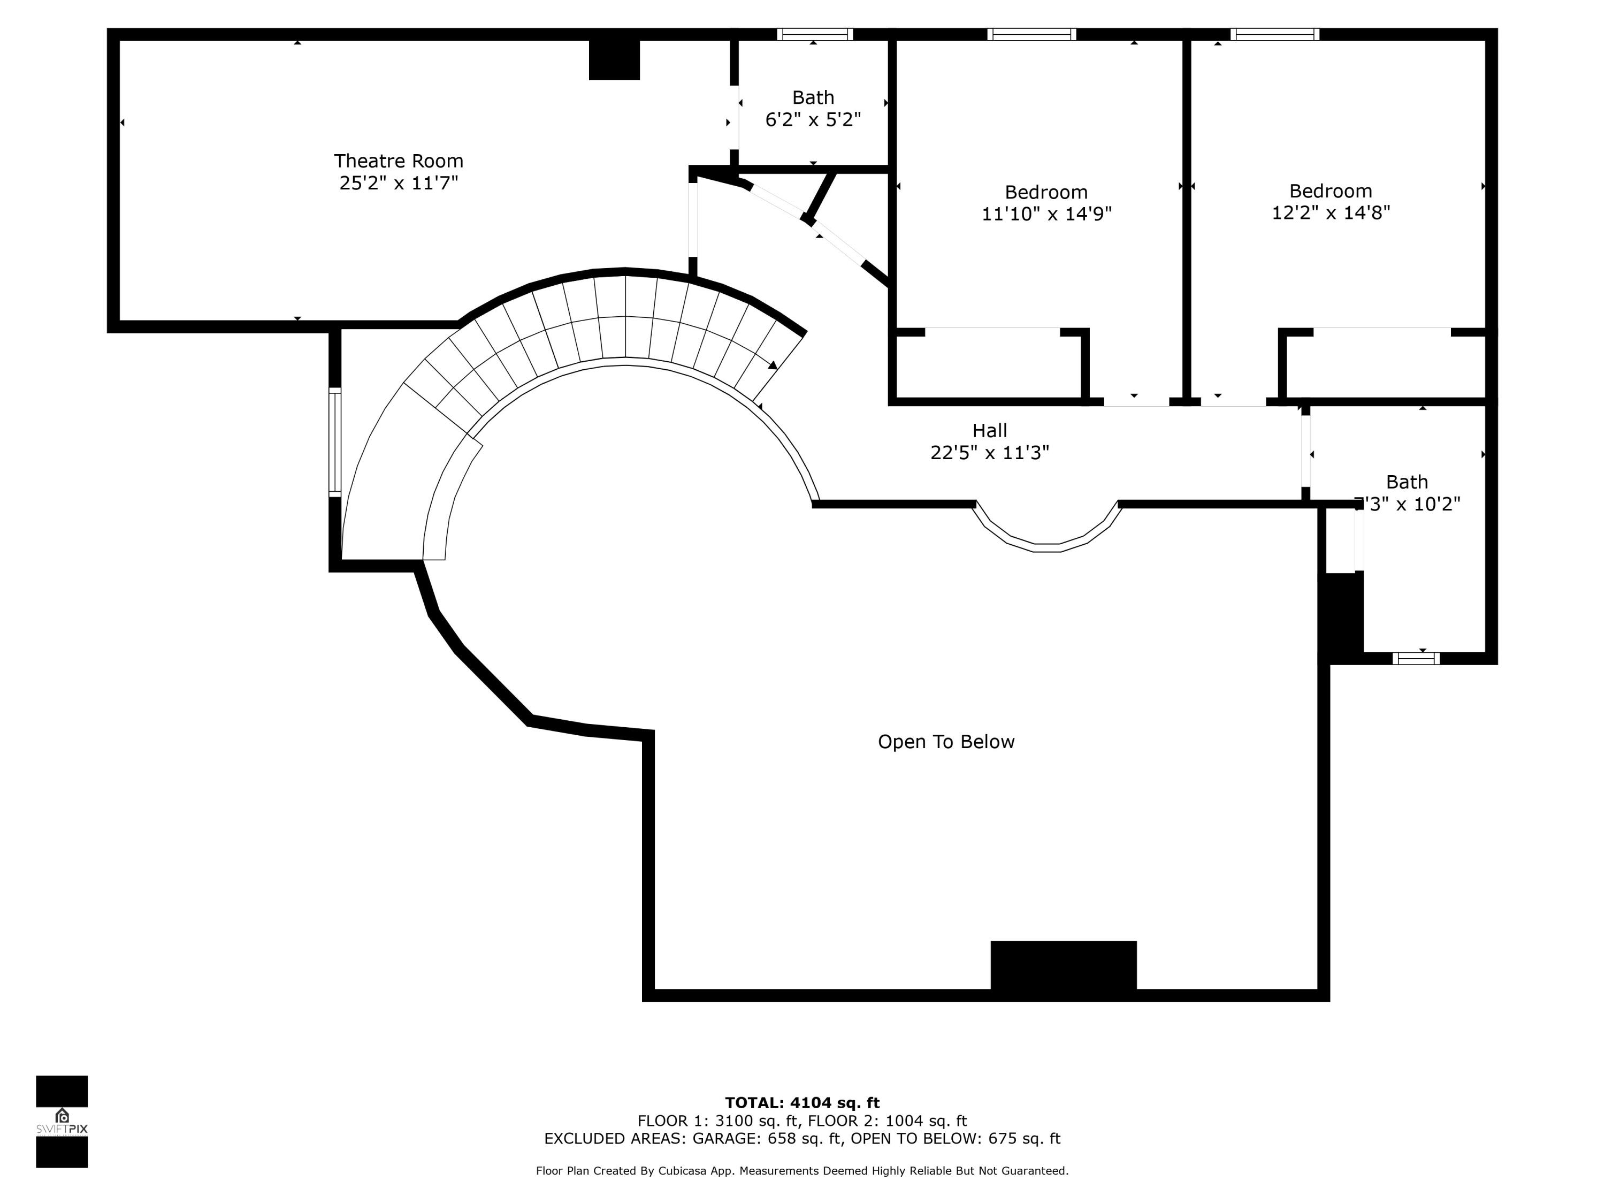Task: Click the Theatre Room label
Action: pos(399,161)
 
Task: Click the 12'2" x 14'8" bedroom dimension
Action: pos(1330,212)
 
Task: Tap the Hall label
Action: pos(989,430)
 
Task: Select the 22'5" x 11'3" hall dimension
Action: pos(989,453)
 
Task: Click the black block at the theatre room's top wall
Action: pos(614,59)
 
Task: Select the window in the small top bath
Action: pos(814,34)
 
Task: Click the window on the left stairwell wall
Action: pos(334,442)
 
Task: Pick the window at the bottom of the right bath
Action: pos(1416,658)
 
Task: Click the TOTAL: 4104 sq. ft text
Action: pos(802,1103)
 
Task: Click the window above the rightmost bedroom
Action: pos(1274,34)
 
